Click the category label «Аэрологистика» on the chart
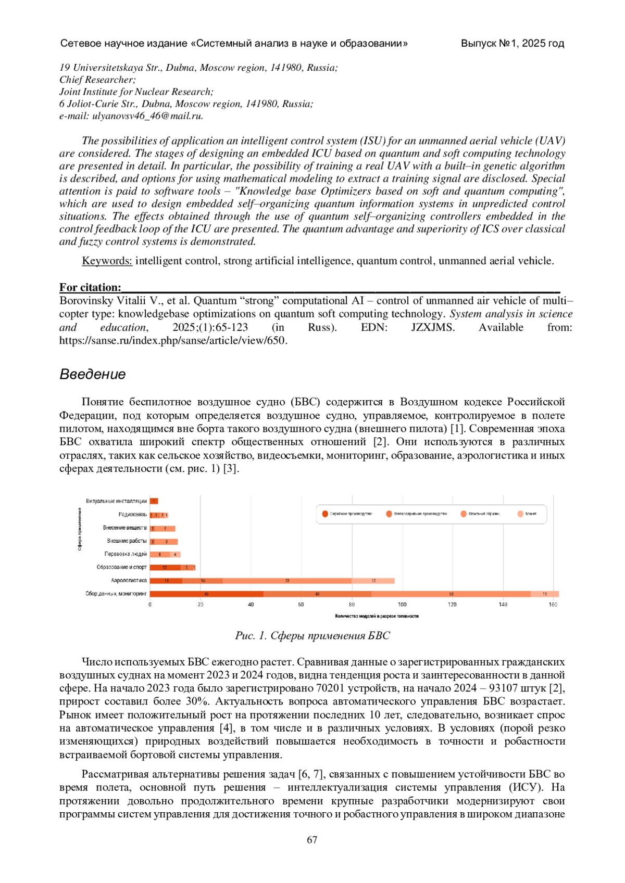[129, 580]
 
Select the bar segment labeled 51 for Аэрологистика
[287, 581]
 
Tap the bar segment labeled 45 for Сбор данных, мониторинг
[206, 594]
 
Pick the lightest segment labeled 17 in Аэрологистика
[373, 581]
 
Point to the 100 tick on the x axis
[402, 605]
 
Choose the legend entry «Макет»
[530, 514]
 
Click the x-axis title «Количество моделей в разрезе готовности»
[377, 616]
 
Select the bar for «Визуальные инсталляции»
[154, 501]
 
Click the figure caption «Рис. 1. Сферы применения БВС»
[312, 635]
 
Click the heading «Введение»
[93, 374]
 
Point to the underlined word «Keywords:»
[107, 261]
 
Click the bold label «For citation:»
[90, 287]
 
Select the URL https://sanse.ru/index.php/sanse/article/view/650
[173, 341]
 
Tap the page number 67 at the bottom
[312, 839]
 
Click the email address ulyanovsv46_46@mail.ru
[147, 116]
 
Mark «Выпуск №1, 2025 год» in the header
[512, 43]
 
